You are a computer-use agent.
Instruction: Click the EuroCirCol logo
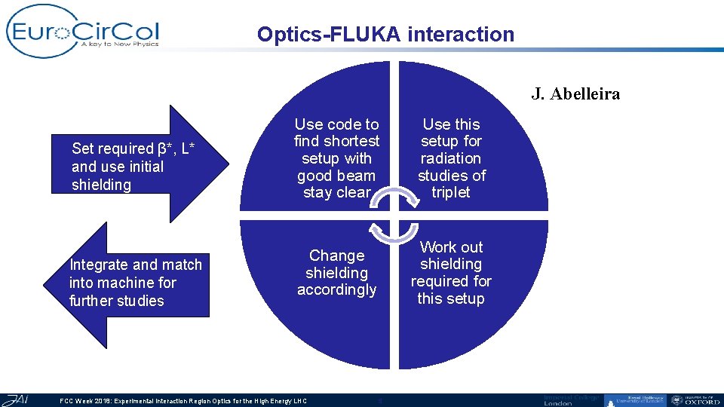(82, 31)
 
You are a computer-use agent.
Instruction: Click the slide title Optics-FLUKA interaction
(385, 35)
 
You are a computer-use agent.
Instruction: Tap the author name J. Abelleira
(575, 94)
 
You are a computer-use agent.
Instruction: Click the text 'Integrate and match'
(136, 265)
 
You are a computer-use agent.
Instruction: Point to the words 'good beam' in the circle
(336, 176)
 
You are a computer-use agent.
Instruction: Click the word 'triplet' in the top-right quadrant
(451, 192)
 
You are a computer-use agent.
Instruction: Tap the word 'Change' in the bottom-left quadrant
(336, 256)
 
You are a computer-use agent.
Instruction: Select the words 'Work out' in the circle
(451, 247)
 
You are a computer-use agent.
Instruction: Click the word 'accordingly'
(336, 290)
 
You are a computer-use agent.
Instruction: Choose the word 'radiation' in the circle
(451, 158)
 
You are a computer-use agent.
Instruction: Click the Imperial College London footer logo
(572, 399)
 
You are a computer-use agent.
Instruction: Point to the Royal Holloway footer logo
(634, 400)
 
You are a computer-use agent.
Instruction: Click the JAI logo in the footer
(15, 399)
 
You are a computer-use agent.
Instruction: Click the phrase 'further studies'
(116, 301)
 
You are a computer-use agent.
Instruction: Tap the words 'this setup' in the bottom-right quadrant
(451, 298)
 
